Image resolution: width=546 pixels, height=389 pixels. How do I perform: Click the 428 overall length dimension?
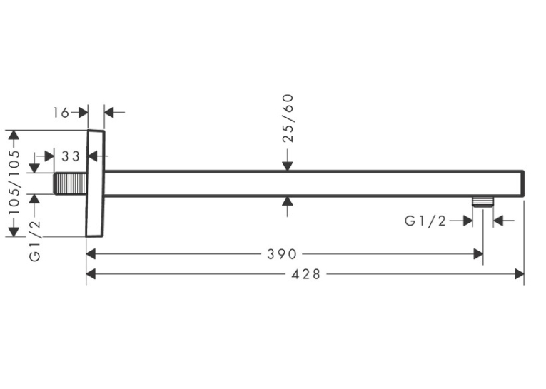305,274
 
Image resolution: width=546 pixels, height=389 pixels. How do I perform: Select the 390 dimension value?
282,254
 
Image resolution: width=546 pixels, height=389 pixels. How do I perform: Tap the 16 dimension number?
61,113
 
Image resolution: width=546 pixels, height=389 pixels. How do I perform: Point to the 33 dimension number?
71,156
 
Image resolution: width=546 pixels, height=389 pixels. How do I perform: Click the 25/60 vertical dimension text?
288,118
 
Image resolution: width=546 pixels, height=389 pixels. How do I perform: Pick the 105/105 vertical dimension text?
14,183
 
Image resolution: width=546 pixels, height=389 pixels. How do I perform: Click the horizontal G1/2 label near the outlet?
425,221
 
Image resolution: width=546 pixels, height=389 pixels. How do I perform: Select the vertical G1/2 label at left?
35,241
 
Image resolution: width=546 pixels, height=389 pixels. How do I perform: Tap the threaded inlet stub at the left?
71,183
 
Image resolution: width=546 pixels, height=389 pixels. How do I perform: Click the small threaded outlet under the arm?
483,202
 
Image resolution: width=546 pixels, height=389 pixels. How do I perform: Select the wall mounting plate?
95,183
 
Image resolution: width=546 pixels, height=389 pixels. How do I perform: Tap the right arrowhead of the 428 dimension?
519,274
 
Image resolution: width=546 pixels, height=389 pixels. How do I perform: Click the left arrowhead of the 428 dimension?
91,274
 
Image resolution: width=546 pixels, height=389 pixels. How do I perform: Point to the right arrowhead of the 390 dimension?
478,254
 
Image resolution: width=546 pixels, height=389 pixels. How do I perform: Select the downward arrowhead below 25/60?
288,166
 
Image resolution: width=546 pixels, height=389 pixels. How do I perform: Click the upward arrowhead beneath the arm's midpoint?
288,202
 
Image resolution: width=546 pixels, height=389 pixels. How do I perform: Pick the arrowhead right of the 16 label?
83,113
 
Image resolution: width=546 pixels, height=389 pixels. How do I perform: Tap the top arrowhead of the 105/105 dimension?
14,135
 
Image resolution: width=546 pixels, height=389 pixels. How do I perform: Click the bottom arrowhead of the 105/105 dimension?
14,231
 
